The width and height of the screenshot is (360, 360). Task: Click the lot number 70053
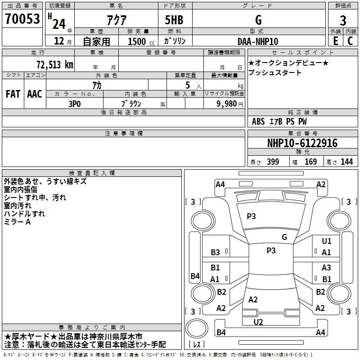click(x=22, y=19)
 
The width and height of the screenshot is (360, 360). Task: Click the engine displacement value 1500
click(x=137, y=41)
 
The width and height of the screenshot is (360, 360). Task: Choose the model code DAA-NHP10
click(x=257, y=41)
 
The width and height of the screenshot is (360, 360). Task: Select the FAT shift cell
click(x=13, y=94)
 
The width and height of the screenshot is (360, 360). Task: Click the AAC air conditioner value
click(x=35, y=94)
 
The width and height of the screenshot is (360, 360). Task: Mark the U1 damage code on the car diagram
click(x=326, y=241)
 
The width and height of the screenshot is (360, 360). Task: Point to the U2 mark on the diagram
click(x=258, y=322)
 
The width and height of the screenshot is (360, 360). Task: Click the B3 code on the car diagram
click(x=215, y=252)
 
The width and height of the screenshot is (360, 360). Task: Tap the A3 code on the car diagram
click(x=326, y=268)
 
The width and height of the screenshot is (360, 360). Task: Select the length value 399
click(x=273, y=162)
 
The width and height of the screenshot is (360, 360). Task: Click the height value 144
click(x=346, y=162)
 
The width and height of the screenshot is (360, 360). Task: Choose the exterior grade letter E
click(x=335, y=41)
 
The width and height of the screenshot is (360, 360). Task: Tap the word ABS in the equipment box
click(x=258, y=121)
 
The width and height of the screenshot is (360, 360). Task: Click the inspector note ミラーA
click(x=17, y=222)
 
